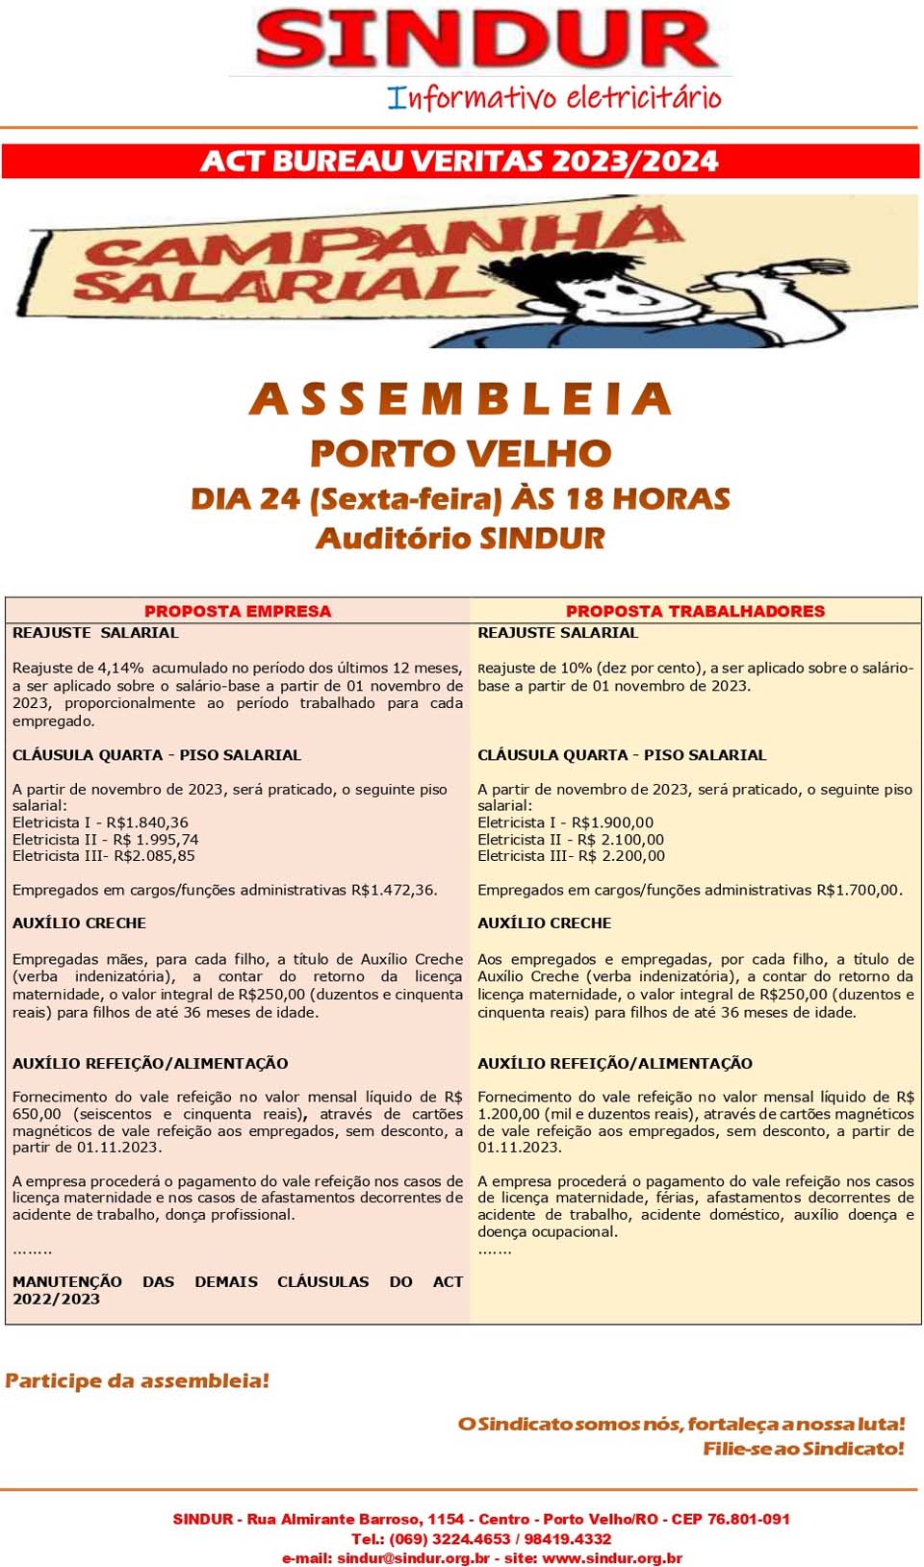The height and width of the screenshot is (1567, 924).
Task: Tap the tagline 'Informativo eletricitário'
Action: pos(554,98)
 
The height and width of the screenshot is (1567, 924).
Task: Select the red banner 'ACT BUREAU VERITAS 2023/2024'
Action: pos(460,161)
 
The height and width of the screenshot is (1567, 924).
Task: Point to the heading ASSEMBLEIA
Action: pos(460,399)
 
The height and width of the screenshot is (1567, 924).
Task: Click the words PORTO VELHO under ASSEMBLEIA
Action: pos(460,453)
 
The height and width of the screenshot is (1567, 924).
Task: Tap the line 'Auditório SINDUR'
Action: pos(460,538)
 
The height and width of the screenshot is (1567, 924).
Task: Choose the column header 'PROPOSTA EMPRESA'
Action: pos(237,611)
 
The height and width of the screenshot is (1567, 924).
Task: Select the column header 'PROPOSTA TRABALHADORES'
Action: pos(695,611)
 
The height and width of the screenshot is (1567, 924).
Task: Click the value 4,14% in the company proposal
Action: pos(121,668)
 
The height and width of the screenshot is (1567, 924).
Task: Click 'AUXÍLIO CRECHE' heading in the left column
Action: pos(79,923)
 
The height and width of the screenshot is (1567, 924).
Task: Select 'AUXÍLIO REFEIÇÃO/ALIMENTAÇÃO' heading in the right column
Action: pos(615,1063)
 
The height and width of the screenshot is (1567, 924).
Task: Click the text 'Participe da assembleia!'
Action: pos(137,1380)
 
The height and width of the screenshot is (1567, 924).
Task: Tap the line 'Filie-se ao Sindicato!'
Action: pos(803,1449)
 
